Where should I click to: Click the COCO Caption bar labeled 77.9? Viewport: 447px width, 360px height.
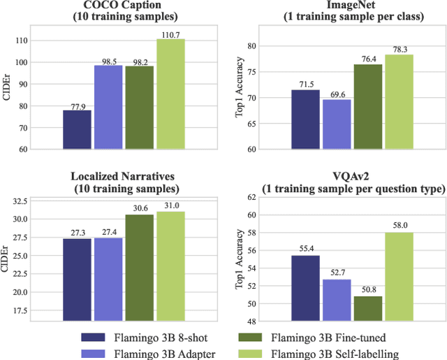click(x=77, y=130)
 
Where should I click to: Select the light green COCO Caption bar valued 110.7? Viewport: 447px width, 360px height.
click(x=170, y=94)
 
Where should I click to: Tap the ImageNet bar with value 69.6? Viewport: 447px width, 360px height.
click(x=336, y=124)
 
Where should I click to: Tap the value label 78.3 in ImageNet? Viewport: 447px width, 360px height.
click(x=399, y=49)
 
